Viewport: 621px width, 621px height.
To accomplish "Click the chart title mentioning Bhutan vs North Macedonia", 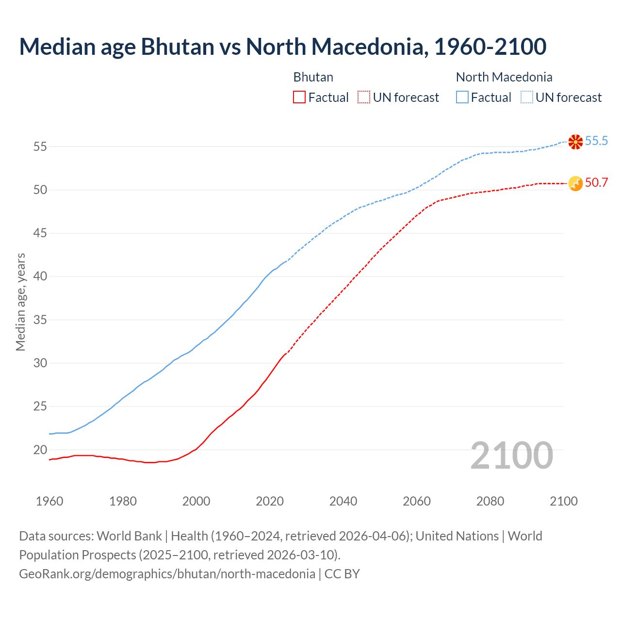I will coord(283,47).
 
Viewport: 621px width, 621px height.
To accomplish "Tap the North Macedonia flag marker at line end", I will coord(575,142).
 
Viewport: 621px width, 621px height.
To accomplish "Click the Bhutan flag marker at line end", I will coord(575,183).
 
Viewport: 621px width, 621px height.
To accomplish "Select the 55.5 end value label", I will coord(596,141).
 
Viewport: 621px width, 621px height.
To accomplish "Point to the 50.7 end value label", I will coord(596,182).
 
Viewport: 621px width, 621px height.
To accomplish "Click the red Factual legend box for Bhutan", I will coord(299,98).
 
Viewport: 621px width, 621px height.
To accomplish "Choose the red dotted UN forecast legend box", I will coord(364,98).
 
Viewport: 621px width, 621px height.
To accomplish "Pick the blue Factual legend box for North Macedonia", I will coord(462,98).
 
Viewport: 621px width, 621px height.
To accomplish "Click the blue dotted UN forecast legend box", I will coord(526,98).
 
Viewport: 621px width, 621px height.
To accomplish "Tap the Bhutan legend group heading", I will coord(313,77).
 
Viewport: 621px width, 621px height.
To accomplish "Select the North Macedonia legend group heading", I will coord(504,77).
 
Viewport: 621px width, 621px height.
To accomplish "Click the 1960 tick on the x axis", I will coord(49,501).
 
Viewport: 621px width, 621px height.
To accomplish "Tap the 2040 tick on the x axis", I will coord(343,501).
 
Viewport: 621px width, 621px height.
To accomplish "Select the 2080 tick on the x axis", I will coord(490,501).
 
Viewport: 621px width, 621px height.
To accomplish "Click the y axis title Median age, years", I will coord(20,302).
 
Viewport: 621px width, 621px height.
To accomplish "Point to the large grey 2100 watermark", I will coord(511,455).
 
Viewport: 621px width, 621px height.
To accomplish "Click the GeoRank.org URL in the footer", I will coord(167,574).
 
